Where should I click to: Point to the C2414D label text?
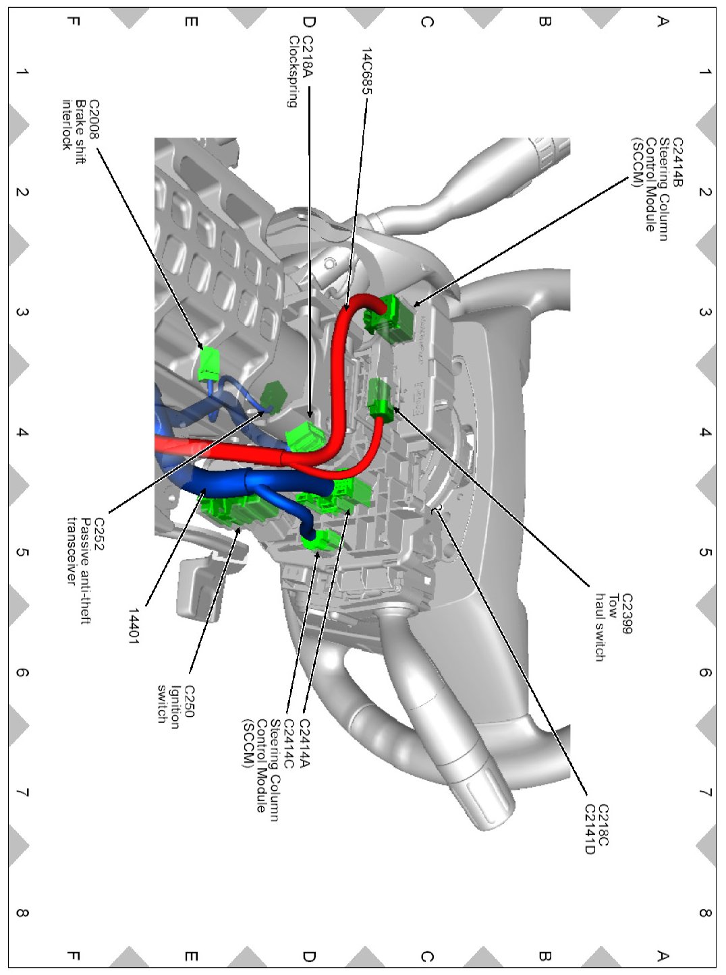click(x=589, y=829)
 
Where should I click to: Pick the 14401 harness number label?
click(x=134, y=626)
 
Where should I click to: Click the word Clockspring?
click(x=294, y=71)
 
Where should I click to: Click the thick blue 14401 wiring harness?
click(x=223, y=481)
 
